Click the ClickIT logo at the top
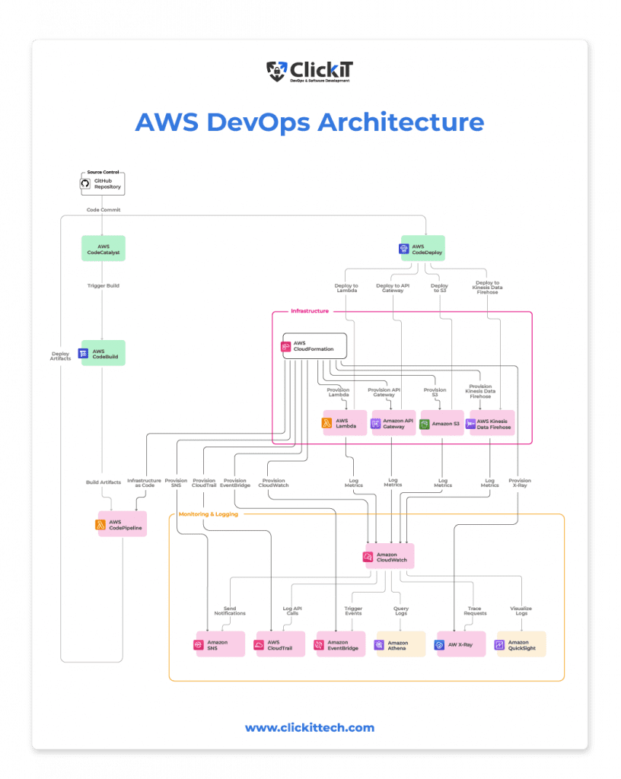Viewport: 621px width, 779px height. [310, 72]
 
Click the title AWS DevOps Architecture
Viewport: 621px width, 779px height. [310, 122]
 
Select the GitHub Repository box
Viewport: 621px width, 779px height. [102, 183]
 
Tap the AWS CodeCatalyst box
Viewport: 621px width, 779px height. [103, 249]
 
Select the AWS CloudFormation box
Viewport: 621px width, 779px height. [314, 346]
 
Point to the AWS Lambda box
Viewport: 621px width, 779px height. [343, 424]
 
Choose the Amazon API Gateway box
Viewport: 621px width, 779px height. [393, 424]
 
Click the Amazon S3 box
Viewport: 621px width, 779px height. [441, 424]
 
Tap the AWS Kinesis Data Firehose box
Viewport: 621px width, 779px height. [491, 424]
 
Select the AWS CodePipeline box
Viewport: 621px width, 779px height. [122, 524]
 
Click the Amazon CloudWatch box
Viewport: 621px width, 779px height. [389, 558]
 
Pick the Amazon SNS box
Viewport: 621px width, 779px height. [221, 644]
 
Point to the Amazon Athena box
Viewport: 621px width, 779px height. [400, 644]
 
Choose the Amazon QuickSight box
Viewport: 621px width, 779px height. [521, 644]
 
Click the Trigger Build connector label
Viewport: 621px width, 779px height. [102, 285]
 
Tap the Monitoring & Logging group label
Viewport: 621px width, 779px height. [208, 514]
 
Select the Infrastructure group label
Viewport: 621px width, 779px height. [310, 311]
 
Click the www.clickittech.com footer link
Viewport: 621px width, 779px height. [310, 728]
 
